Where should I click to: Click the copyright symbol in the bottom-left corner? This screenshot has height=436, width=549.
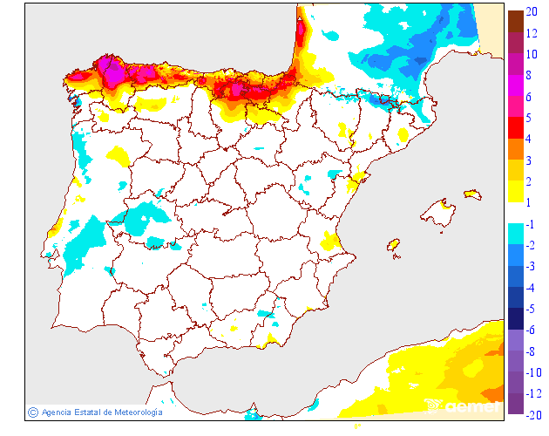click(33, 412)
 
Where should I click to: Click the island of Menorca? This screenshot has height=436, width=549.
click(472, 194)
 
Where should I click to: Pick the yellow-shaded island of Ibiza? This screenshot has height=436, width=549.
click(394, 246)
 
